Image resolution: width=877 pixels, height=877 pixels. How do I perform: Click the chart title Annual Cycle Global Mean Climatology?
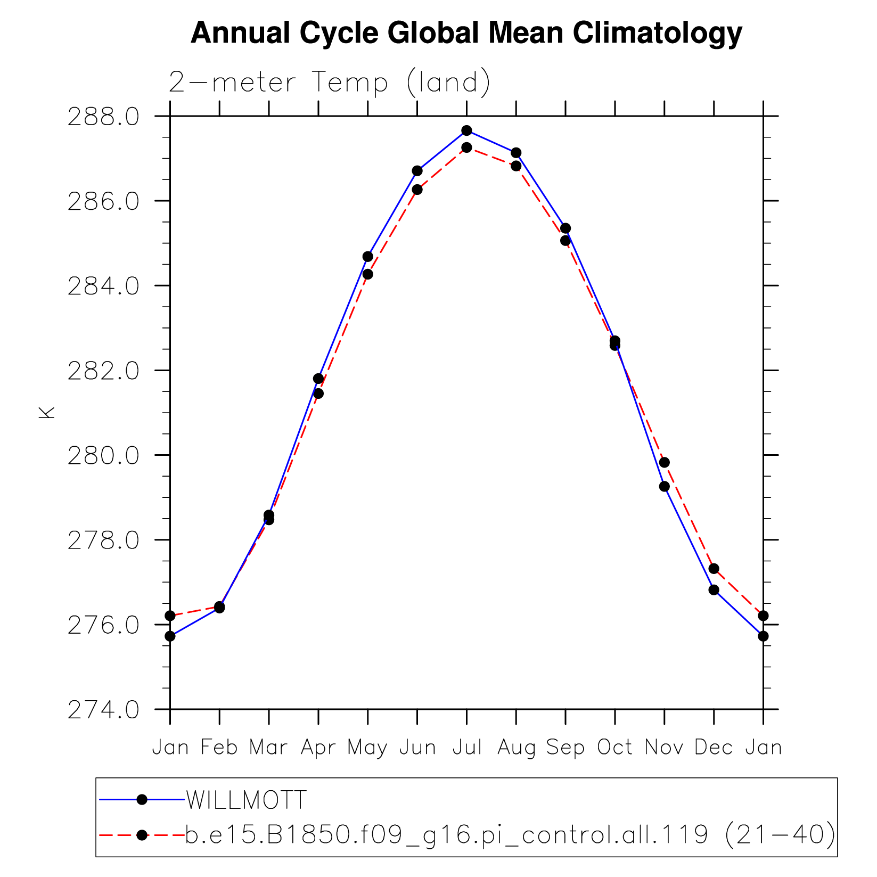(x=466, y=33)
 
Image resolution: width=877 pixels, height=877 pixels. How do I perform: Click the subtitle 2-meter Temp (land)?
(x=329, y=83)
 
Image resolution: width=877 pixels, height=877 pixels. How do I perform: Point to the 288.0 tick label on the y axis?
(x=103, y=117)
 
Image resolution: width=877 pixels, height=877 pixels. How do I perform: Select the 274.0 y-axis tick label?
(x=103, y=710)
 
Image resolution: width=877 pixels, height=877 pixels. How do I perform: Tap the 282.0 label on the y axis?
(x=103, y=371)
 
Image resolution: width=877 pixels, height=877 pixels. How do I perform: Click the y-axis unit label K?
(x=47, y=413)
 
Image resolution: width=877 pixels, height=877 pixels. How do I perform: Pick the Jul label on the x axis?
(x=467, y=748)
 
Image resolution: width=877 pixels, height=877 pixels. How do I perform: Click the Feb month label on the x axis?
(x=219, y=748)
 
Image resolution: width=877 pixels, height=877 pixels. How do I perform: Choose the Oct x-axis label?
(x=614, y=748)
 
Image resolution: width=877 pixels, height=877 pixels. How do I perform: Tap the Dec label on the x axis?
(x=714, y=748)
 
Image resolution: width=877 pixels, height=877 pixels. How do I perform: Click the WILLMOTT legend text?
(x=246, y=800)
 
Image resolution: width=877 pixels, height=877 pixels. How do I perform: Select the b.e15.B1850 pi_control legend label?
(x=510, y=834)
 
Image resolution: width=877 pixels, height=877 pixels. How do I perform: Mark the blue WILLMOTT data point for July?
(x=466, y=130)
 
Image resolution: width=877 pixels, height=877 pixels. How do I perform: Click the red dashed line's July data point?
(x=466, y=147)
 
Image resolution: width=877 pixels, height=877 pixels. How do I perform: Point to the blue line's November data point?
(x=664, y=486)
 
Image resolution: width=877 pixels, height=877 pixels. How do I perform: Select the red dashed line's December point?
(x=714, y=569)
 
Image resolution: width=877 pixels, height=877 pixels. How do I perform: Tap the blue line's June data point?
(x=417, y=171)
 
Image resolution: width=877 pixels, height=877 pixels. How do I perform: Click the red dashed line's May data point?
(x=367, y=274)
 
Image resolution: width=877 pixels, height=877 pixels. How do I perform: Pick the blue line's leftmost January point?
(x=170, y=636)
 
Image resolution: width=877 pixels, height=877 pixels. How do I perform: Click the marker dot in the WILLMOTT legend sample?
(x=142, y=800)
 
